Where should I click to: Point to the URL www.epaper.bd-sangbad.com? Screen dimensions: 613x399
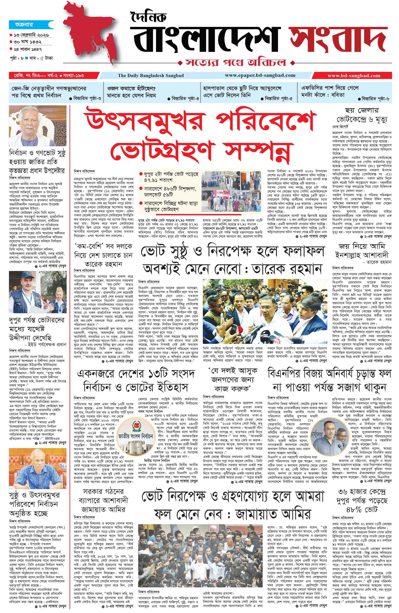click(x=260, y=75)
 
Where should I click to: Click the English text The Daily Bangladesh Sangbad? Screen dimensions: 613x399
click(x=151, y=75)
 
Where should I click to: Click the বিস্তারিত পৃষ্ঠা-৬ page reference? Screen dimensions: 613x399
click(x=375, y=99)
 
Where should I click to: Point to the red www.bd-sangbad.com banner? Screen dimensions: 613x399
click(x=354, y=75)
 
